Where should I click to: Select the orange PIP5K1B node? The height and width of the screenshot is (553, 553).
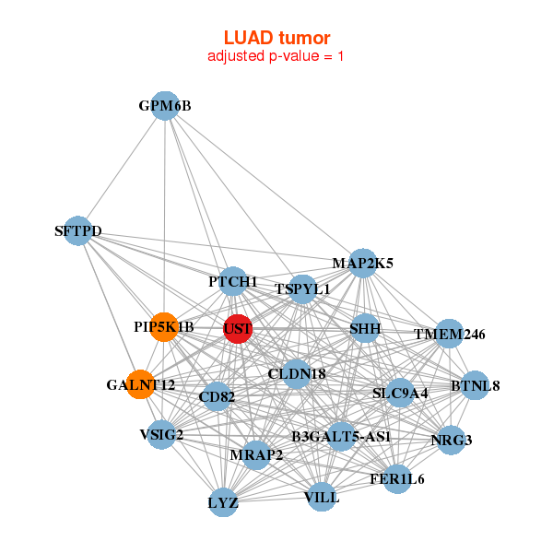point(164,327)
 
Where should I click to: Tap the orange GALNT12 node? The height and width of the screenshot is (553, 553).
point(140,384)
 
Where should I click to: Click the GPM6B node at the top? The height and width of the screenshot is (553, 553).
point(165,106)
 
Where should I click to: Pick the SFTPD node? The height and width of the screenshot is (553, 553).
point(78,230)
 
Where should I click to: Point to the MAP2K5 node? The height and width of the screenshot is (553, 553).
point(362,263)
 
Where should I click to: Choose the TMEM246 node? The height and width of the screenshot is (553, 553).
point(449,334)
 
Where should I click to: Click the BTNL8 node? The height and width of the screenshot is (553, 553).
point(475,385)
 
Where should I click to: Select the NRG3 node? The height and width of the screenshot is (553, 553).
point(451,440)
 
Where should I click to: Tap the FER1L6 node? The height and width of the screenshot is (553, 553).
point(397,479)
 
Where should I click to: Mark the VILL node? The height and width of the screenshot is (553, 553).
point(322,498)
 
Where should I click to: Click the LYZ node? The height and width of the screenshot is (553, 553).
point(223,503)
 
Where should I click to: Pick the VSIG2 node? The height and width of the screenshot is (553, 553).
point(161,434)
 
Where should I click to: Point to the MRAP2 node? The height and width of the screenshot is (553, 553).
point(256,454)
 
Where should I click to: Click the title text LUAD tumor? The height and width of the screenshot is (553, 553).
point(276,38)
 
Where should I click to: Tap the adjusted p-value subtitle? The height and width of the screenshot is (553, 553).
point(276,56)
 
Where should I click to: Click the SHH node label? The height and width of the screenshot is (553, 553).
point(365,329)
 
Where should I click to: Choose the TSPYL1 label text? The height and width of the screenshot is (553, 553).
point(302,289)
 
